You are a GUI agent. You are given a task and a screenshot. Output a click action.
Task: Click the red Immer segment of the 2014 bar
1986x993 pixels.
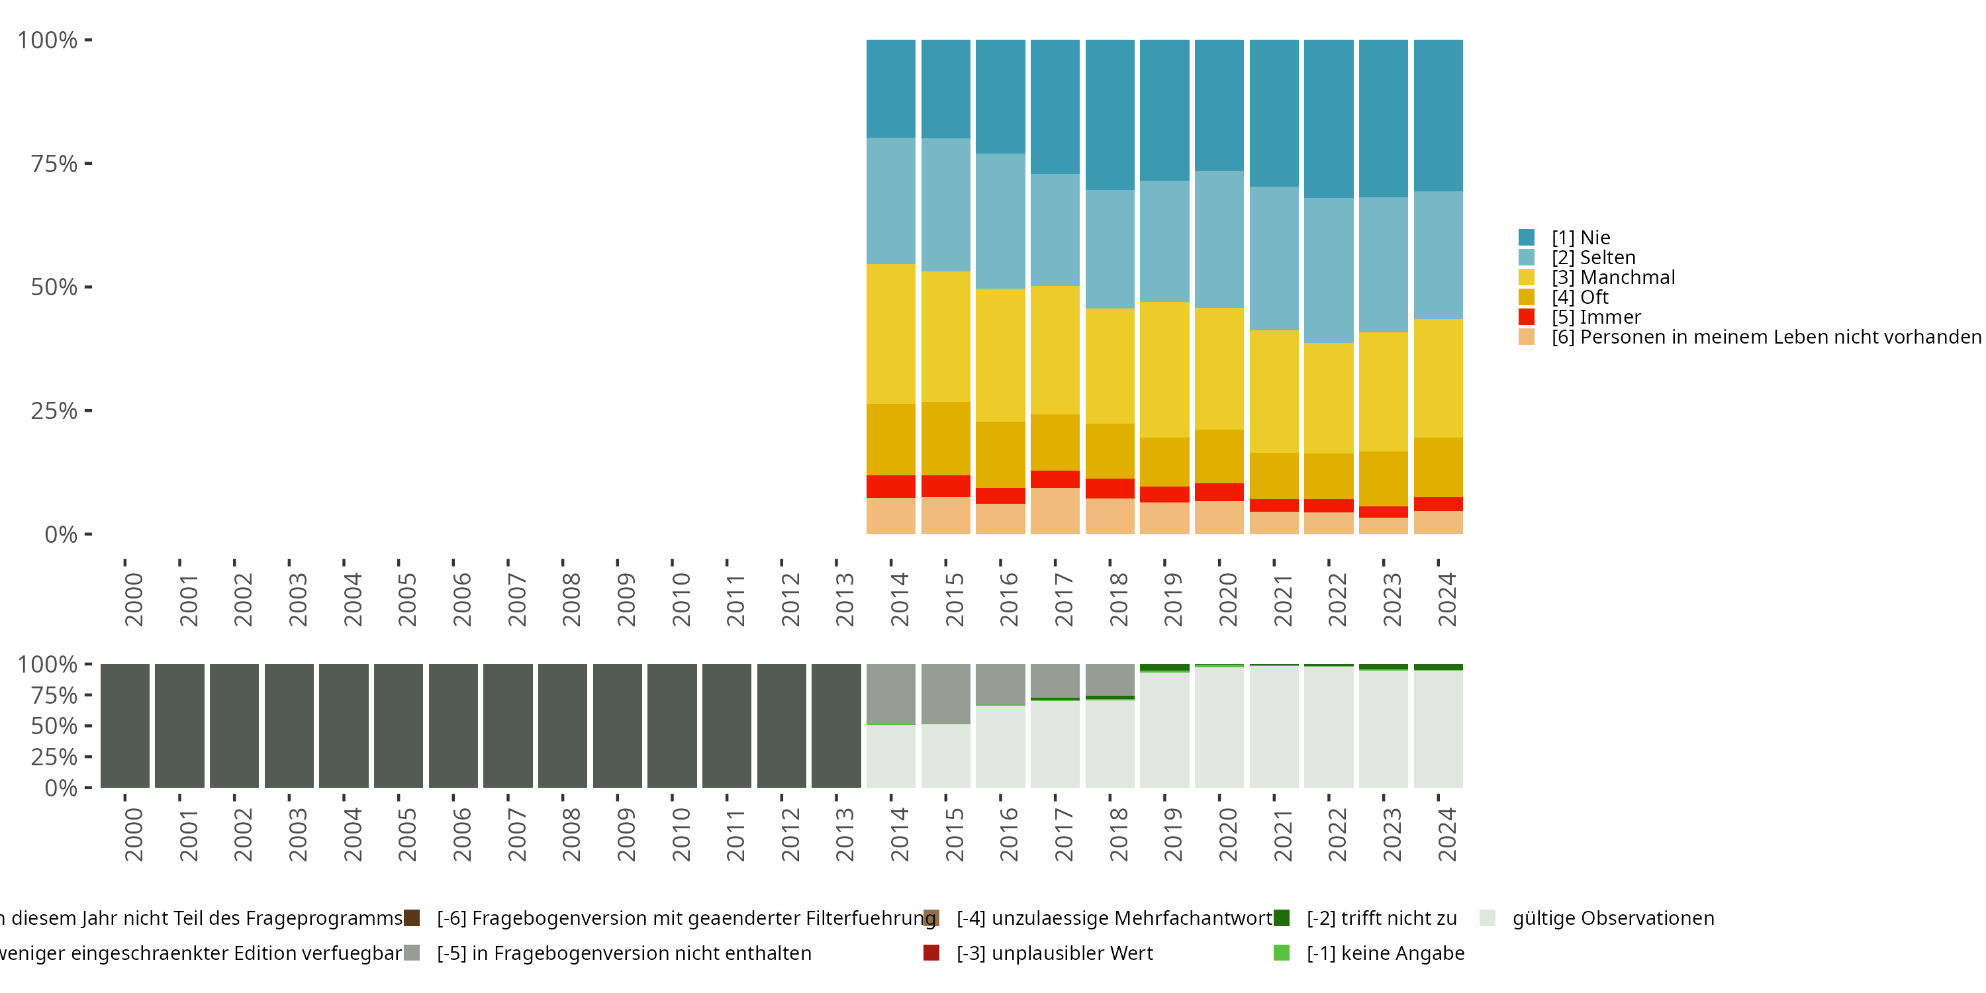pyautogui.click(x=890, y=487)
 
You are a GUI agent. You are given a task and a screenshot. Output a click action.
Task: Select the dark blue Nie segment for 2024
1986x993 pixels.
pyautogui.click(x=1438, y=116)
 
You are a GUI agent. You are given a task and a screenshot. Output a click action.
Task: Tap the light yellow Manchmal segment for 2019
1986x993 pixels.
pyautogui.click(x=1164, y=369)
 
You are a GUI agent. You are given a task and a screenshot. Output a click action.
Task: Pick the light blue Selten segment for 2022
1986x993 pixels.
pyautogui.click(x=1329, y=270)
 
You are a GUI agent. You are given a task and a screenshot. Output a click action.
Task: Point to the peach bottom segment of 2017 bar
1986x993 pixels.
pyautogui.click(x=1055, y=510)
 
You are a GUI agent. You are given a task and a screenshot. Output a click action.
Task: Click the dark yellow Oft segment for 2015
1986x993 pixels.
pyautogui.click(x=945, y=439)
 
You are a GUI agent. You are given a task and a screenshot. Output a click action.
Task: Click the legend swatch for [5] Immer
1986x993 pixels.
pyautogui.click(x=1527, y=317)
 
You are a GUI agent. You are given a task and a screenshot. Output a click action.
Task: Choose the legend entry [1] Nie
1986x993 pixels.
pyautogui.click(x=1580, y=238)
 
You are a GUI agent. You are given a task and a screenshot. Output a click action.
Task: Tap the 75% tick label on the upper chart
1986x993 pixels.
pyautogui.click(x=54, y=164)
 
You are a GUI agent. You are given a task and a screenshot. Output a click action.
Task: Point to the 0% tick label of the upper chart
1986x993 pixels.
pyautogui.click(x=61, y=534)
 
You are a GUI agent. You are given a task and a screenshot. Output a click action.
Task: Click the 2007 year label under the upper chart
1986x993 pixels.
pyautogui.click(x=516, y=599)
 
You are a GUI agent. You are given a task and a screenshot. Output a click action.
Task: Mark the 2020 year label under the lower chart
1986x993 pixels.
pyautogui.click(x=1227, y=834)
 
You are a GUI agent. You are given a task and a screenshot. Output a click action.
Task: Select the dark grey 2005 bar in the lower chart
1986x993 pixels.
pyautogui.click(x=399, y=726)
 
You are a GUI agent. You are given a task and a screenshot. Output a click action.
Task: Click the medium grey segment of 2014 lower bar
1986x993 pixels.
pyautogui.click(x=890, y=694)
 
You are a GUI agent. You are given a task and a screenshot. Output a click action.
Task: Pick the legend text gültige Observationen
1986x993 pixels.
pyautogui.click(x=1613, y=918)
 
